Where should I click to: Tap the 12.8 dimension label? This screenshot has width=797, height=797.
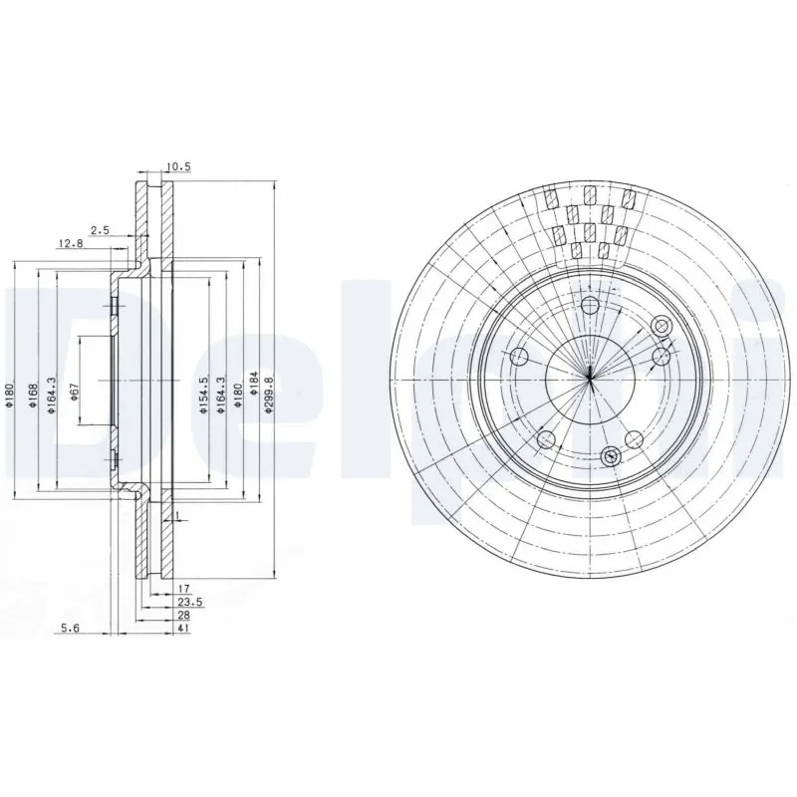[70, 243]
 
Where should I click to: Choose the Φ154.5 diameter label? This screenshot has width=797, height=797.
[202, 395]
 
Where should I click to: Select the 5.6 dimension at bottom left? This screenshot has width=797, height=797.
[69, 628]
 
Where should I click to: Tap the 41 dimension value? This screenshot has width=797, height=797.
[184, 628]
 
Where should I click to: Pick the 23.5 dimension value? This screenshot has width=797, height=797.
[187, 602]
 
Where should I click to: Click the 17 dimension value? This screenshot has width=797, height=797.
[184, 589]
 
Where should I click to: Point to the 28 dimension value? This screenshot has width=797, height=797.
[184, 615]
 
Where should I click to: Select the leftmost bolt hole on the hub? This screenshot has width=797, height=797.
[518, 358]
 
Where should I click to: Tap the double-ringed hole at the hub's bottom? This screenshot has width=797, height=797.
[611, 456]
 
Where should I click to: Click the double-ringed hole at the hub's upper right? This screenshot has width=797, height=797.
[662, 325]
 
